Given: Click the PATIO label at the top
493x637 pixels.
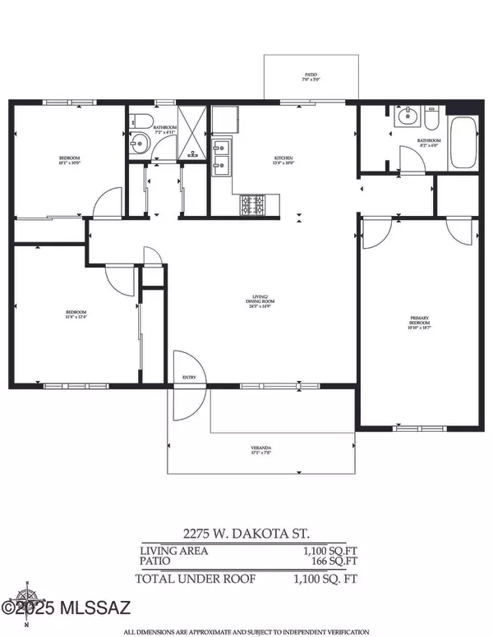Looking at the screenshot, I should pyautogui.click(x=310, y=74).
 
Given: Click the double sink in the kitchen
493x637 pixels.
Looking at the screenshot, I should pyautogui.click(x=220, y=158).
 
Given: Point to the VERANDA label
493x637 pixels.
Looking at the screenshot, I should pyautogui.click(x=261, y=449).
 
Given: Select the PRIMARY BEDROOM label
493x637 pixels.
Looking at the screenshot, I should pyautogui.click(x=421, y=323).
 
